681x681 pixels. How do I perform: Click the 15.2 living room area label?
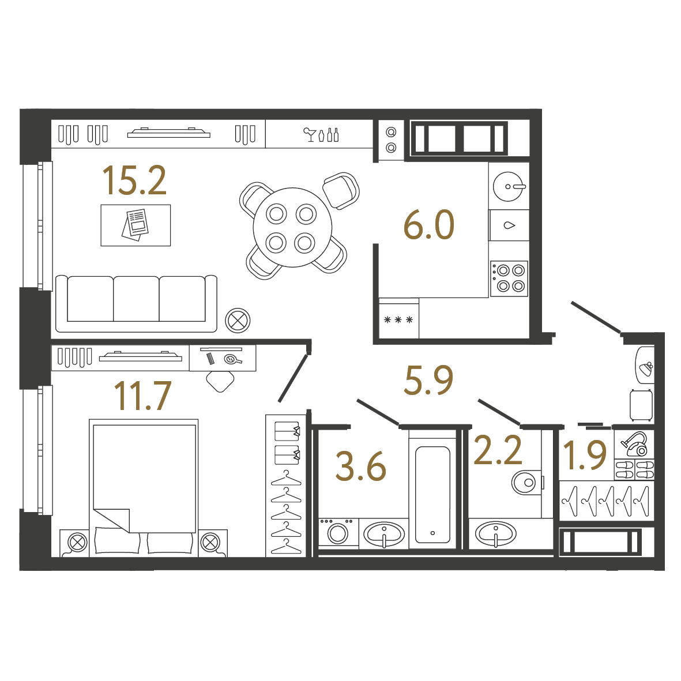coord(134,180)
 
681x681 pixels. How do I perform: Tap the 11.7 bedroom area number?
coord(142,396)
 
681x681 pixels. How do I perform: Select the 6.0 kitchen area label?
coord(428,225)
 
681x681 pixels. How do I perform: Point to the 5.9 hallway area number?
coord(428,380)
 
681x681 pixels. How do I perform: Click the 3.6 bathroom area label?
coord(361,466)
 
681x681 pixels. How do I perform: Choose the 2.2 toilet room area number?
coord(498,451)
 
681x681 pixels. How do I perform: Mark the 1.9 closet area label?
coord(585,455)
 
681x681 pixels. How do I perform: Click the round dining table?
coord(292,227)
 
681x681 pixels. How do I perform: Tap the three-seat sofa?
coord(137,303)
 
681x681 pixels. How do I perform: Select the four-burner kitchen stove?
coord(509,279)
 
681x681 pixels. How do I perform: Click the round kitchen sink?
coord(508,186)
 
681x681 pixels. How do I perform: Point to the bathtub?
coord(432,495)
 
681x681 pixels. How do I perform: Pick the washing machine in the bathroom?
coord(338,532)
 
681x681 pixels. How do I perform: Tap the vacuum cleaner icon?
coord(634,443)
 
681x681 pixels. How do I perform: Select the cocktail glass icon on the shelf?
coord(309,134)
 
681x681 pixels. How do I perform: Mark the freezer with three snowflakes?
coord(398,320)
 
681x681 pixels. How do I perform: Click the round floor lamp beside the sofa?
coord(238,321)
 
